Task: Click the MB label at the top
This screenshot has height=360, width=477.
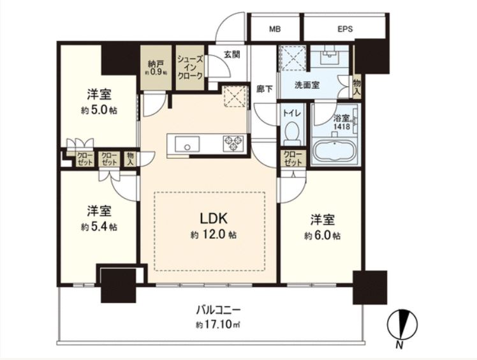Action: point(275,29)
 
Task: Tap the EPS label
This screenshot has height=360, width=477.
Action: point(345,29)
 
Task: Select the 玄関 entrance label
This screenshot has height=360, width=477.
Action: point(232,54)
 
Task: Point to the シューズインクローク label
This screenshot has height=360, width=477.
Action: point(190,67)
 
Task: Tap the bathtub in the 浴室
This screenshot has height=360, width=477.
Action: point(335,151)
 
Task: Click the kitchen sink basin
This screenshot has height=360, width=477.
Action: point(187,144)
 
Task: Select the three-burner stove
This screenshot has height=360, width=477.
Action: point(233,143)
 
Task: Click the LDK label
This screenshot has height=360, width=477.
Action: point(213,218)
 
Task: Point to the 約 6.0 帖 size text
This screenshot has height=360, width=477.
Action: point(323,236)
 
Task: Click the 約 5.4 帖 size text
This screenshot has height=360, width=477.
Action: point(99,227)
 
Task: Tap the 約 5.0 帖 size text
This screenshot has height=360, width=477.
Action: point(99,110)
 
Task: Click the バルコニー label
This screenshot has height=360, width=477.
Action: point(218,310)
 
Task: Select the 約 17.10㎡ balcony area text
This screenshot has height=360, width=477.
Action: point(218,325)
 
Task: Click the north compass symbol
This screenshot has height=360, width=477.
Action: point(402,324)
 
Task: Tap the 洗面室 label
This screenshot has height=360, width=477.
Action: point(307,86)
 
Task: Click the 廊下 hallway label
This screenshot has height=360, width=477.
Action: point(264,89)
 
